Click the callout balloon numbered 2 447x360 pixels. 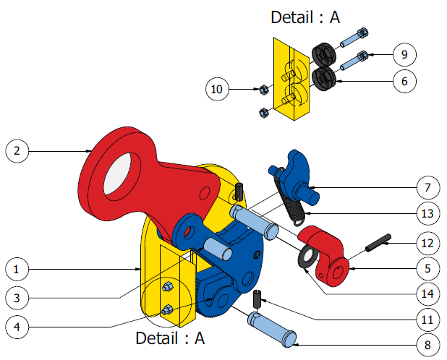pos(17,151)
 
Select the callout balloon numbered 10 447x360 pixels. pos(217,89)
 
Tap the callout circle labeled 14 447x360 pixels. pos(427,293)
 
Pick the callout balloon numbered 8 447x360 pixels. pos(427,345)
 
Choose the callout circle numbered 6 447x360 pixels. pos(404,82)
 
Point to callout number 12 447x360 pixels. pos(427,243)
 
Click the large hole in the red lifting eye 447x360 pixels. pos(117,173)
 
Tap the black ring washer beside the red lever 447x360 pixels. pos(307,257)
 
